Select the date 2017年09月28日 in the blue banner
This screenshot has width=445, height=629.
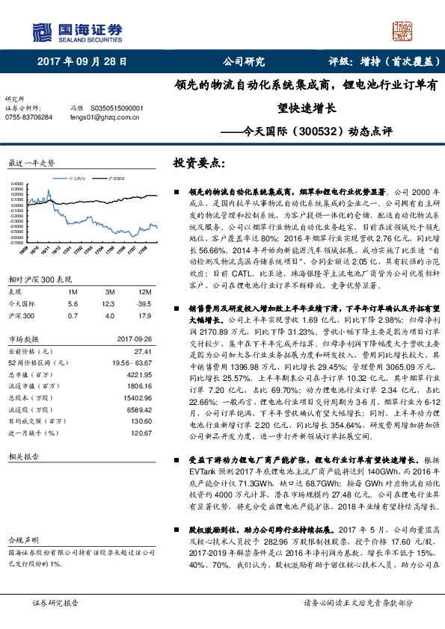click(82, 62)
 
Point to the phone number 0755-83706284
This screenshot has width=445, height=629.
click(29, 117)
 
